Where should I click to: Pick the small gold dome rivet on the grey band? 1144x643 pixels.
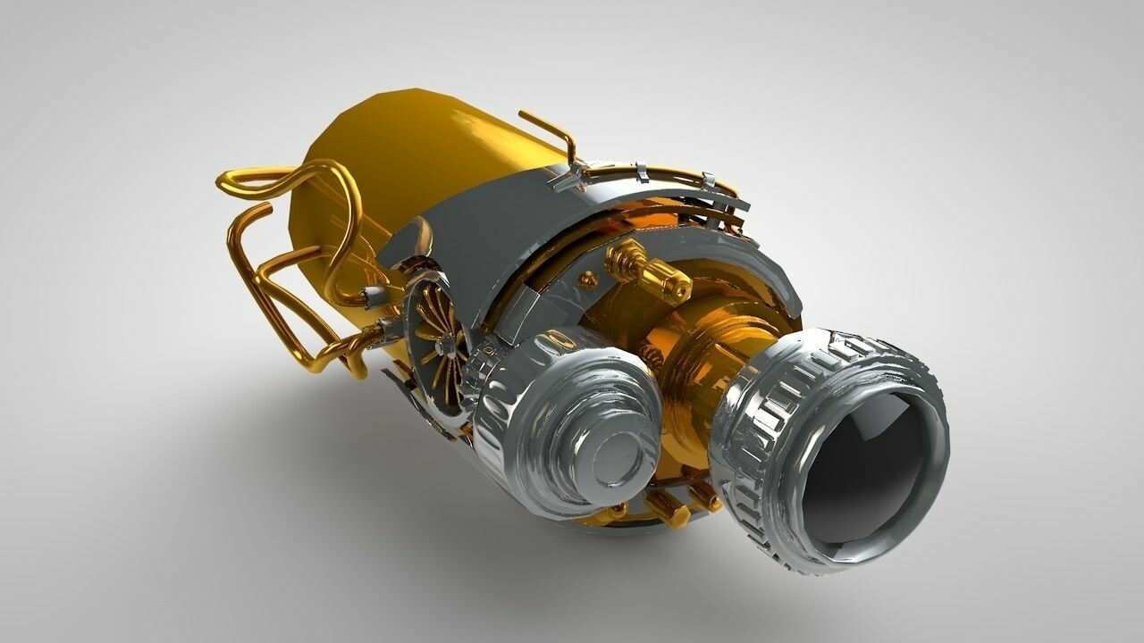(x=588, y=280)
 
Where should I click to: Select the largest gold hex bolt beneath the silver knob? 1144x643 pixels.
(x=667, y=509)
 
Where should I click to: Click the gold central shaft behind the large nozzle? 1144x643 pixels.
(x=706, y=357)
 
